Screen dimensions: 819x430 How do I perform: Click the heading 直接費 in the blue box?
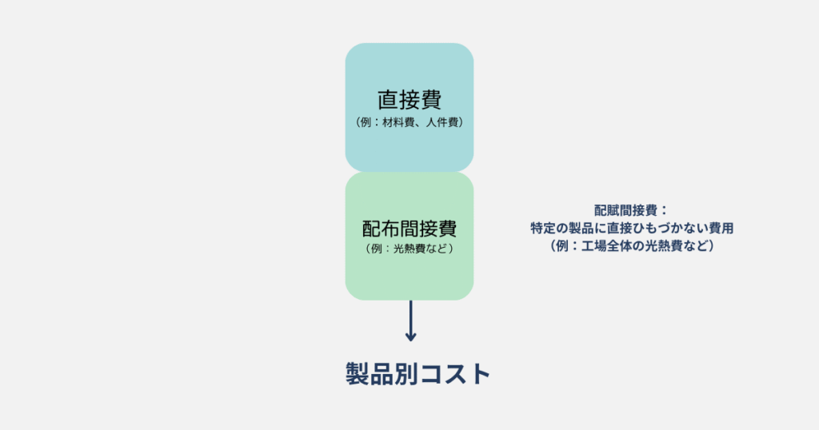(409, 100)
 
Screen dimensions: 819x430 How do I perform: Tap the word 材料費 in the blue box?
(398, 122)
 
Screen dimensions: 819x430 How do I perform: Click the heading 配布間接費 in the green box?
(409, 229)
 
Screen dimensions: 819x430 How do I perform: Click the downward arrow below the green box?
(410, 321)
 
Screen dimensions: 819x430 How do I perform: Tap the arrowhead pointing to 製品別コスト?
(410, 336)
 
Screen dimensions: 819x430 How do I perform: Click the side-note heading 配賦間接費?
(625, 210)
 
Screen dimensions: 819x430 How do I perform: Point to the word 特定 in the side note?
(543, 228)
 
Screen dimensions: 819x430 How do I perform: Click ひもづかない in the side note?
(670, 228)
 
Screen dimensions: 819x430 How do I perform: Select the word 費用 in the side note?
(721, 228)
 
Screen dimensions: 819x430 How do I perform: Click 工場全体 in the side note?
(606, 246)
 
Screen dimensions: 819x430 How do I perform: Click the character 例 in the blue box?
(366, 122)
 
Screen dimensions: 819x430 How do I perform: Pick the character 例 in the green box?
(377, 249)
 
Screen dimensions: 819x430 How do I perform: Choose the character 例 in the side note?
(562, 246)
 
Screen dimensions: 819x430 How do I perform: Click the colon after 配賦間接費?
(663, 211)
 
